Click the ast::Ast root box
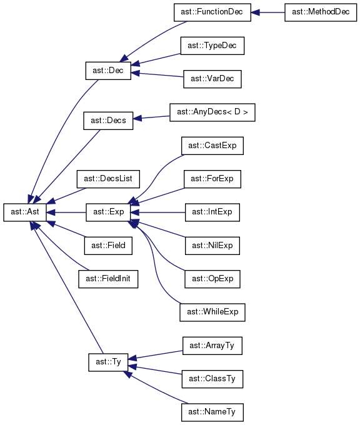coord(25,212)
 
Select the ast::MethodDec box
coord(321,12)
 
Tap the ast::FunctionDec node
coord(212,12)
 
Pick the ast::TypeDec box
coord(212,46)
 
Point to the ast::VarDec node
coord(212,79)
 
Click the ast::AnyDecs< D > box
coord(212,112)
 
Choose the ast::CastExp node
coord(212,146)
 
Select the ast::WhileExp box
coord(212,312)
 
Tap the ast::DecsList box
coord(108,179)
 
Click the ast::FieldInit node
coord(108,279)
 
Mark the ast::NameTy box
coord(212,412)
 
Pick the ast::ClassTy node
coord(212,379)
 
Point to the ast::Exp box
coord(108,212)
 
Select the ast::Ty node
coord(108,362)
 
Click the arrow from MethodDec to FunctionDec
coord(268,12)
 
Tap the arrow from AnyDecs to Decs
coord(151,117)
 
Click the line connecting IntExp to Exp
coord(158,212)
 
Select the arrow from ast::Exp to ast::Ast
coord(66,212)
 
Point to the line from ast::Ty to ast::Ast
coord(67,287)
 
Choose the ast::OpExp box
coord(212,279)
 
